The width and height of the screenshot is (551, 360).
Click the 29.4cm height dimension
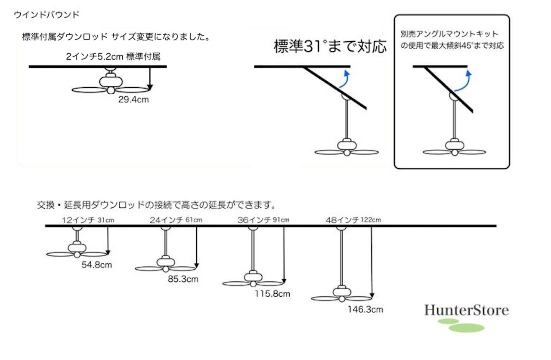pos(133,99)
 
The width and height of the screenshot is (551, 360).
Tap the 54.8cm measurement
pos(97,265)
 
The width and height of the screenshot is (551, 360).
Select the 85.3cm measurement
pos(183,279)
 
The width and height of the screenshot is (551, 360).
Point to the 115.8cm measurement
pos(272,294)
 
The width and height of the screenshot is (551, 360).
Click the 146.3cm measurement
pos(365,309)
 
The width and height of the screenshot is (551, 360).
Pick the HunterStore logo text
pos(466,310)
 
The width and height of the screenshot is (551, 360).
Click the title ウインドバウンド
pos(46,15)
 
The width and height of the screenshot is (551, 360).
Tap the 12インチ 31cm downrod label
pos(88,220)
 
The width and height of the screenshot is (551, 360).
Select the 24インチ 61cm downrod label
pos(176,220)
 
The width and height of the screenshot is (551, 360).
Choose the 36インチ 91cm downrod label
pos(263,220)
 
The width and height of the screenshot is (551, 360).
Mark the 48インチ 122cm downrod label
pos(353,220)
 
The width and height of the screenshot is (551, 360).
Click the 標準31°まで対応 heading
pos(330,46)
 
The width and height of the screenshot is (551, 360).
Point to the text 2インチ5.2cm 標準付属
pos(113,57)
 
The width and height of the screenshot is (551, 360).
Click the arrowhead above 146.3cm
pos(372,295)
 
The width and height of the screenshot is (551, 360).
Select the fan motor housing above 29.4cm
pos(111,81)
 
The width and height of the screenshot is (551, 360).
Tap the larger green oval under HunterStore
pos(466,328)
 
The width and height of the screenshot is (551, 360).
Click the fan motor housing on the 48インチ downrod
pos(342,292)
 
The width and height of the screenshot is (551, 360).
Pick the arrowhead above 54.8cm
pos(108,252)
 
